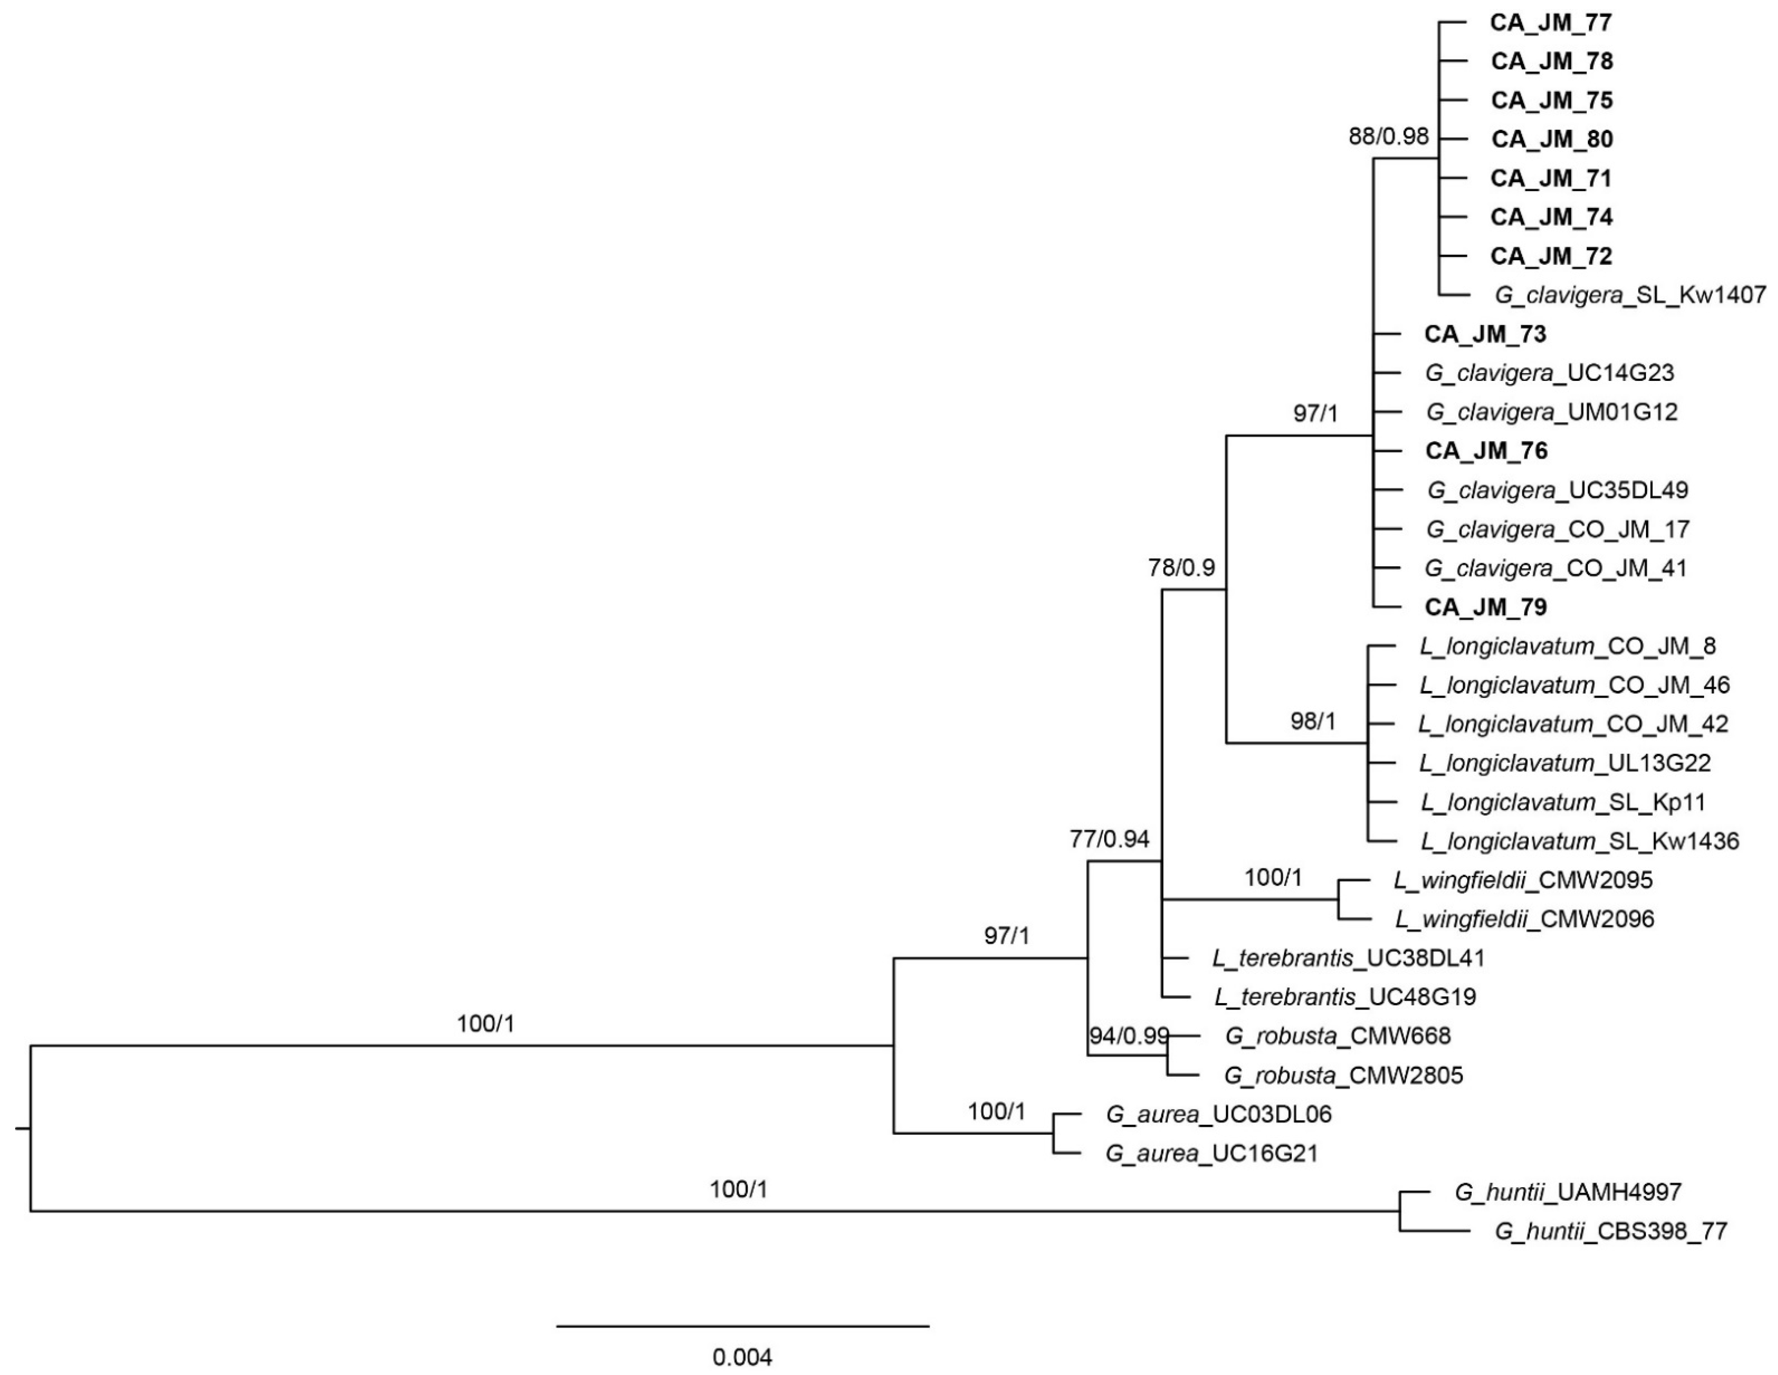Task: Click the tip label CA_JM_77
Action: pos(1550,23)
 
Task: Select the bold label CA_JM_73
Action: pos(1485,334)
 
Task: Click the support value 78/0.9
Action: pos(1181,568)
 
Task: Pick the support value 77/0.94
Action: pos(1109,839)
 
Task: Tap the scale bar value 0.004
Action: pos(742,1357)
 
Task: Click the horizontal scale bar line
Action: pos(743,1326)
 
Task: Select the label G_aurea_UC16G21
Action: pos(1211,1153)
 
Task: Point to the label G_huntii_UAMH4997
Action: pos(1567,1193)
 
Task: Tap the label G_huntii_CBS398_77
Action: pos(1610,1232)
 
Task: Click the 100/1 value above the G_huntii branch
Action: pos(739,1190)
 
